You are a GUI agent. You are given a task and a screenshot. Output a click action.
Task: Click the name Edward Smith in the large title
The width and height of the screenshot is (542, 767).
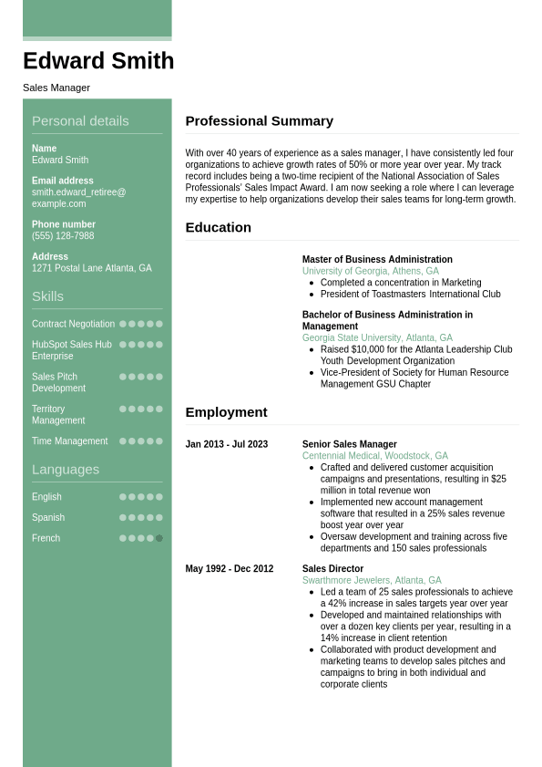(98, 61)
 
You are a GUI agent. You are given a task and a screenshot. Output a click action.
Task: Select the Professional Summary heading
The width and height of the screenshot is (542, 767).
(259, 120)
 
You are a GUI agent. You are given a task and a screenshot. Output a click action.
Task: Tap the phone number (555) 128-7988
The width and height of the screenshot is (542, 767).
(63, 236)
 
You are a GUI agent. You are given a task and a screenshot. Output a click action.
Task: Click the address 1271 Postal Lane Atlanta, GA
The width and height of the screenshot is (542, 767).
(91, 268)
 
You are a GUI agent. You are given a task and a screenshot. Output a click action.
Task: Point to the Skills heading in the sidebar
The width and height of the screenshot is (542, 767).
(47, 296)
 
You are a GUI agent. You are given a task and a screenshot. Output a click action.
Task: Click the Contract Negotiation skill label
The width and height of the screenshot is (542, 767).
(73, 324)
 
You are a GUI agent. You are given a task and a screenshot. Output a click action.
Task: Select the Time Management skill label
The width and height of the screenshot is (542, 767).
(69, 441)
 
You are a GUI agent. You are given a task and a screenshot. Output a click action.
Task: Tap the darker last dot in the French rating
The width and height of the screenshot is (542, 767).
(159, 538)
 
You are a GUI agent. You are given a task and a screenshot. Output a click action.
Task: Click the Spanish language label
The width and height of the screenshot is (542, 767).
(48, 518)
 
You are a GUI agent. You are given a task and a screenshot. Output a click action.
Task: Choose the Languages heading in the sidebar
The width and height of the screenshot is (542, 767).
(66, 470)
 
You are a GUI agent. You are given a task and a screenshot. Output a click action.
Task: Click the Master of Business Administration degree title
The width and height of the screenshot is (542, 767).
(377, 260)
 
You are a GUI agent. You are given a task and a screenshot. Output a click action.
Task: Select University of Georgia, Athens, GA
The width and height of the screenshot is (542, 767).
(370, 272)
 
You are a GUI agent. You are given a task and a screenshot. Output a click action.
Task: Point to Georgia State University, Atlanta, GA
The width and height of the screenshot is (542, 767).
(377, 338)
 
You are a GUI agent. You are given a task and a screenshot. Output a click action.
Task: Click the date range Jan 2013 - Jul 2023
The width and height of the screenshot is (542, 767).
(227, 445)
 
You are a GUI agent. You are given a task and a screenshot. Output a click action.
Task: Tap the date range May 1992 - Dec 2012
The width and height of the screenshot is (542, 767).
(230, 569)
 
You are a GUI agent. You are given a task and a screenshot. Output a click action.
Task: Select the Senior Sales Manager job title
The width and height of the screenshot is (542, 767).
(349, 445)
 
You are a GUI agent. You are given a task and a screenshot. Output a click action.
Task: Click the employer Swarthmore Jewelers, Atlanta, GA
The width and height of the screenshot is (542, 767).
(372, 581)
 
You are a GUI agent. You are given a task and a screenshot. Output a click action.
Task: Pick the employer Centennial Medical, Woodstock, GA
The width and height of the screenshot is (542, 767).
(374, 456)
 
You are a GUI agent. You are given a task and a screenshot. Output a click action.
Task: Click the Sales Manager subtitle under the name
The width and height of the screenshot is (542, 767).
(56, 88)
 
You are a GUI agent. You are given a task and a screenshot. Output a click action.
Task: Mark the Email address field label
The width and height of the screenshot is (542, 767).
(63, 181)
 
